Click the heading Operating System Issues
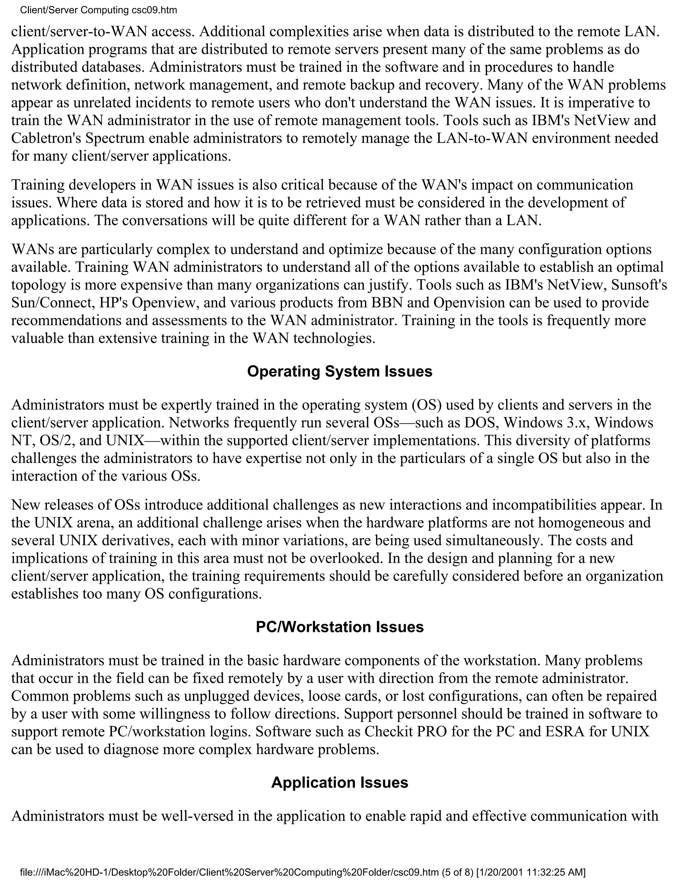click(340, 372)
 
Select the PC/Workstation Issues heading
click(340, 627)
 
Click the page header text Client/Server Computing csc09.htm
click(98, 10)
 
